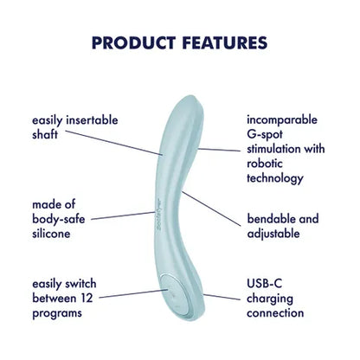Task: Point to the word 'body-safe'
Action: coord(57,220)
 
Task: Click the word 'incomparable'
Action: coord(281,119)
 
